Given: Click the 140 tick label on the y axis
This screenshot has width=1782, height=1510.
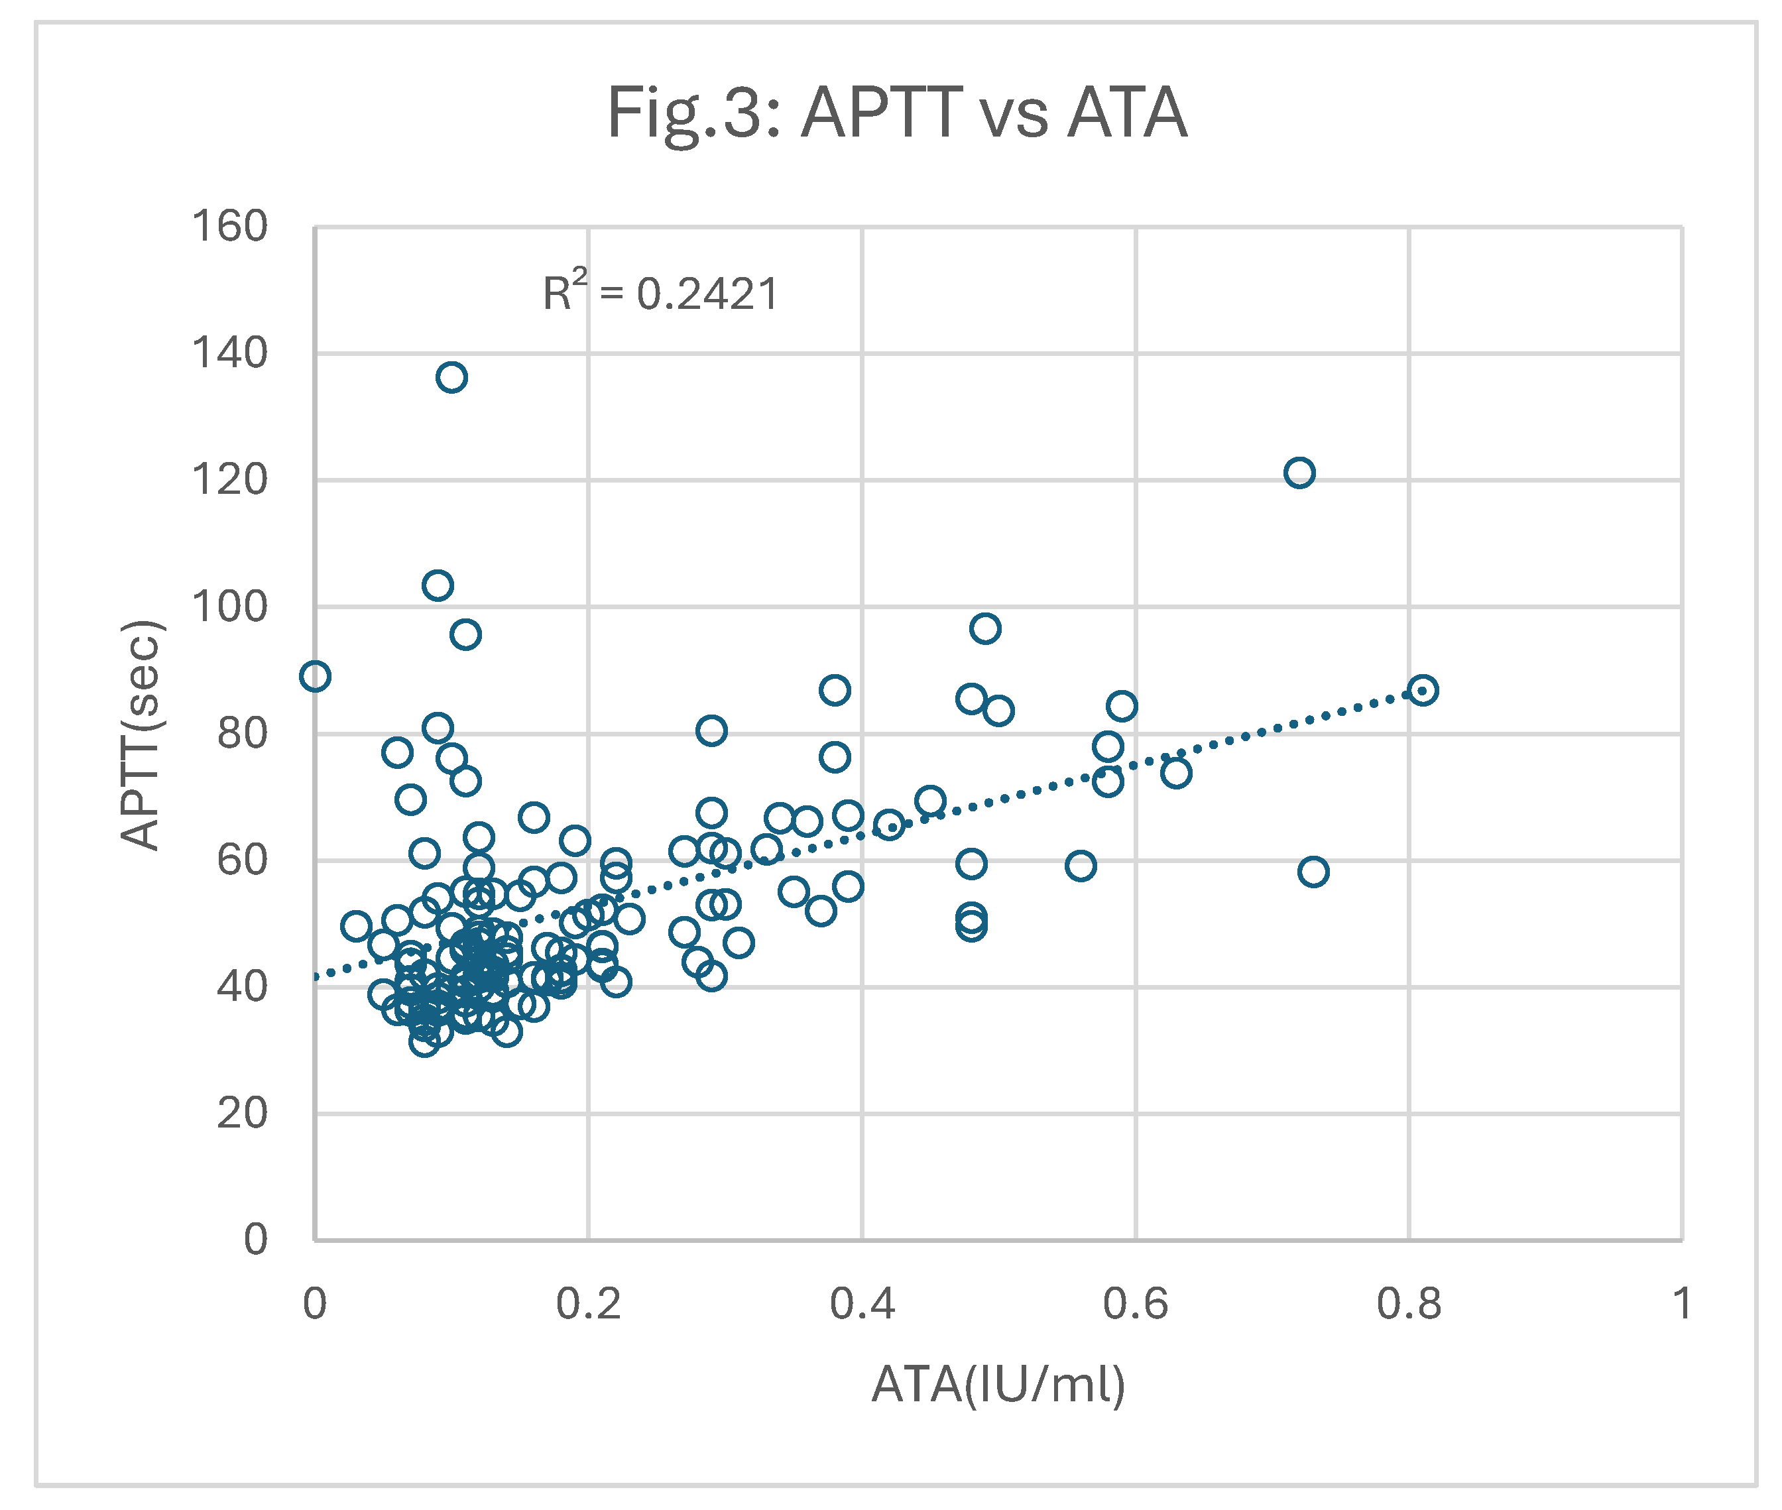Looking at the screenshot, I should pos(229,353).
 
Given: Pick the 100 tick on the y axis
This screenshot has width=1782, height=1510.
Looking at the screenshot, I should pos(229,608).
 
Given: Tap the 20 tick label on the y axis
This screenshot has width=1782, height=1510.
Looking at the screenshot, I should pos(241,1114).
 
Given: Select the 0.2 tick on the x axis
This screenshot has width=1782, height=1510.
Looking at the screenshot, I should pos(588,1305).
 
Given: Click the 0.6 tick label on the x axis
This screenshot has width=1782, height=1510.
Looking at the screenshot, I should pos(1135,1305).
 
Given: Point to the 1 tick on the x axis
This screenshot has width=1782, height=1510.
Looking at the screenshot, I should pos(1682,1305).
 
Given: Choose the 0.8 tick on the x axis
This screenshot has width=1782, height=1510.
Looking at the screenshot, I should pos(1409,1305).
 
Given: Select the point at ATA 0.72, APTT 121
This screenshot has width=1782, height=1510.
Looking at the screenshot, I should pos(1299,473).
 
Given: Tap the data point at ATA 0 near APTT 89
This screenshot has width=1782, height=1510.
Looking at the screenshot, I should pos(315,676).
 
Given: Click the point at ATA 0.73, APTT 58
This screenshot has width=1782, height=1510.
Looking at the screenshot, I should pos(1313,872).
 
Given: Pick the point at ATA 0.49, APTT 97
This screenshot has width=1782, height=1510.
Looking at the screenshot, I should pos(985,628).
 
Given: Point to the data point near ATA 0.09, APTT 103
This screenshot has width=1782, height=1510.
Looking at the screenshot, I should pos(438,585).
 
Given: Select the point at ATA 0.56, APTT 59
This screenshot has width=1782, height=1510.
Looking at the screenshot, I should pos(1080,866).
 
